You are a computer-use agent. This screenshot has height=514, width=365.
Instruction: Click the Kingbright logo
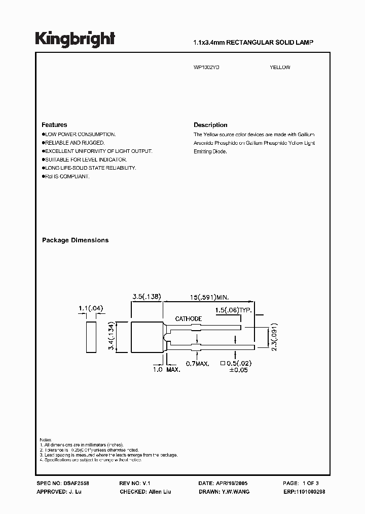pyautogui.click(x=75, y=39)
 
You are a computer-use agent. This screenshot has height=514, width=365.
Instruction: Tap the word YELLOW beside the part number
pyautogui.click(x=280, y=68)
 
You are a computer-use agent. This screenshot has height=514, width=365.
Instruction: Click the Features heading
pyautogui.click(x=54, y=125)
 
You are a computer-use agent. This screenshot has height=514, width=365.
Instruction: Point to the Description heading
pyautogui.click(x=210, y=125)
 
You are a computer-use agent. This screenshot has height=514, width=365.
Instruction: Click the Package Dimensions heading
pyautogui.click(x=75, y=240)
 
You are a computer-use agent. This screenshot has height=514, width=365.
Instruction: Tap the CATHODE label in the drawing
pyautogui.click(x=189, y=319)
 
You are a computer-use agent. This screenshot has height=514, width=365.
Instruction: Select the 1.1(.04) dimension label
pyautogui.click(x=91, y=308)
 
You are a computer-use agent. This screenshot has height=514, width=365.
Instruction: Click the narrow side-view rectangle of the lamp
pyautogui.click(x=91, y=337)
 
